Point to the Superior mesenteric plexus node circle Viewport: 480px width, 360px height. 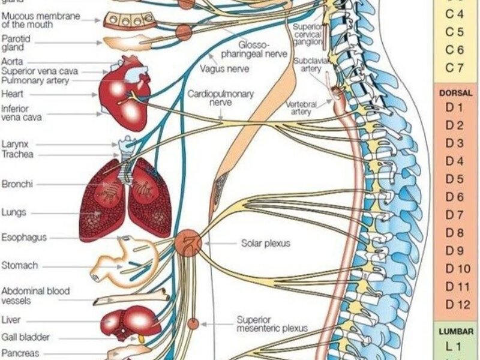[193, 324]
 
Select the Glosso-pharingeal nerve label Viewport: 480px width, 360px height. [265, 49]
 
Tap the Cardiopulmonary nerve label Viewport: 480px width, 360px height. [220, 98]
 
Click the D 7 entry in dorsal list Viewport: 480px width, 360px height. [455, 215]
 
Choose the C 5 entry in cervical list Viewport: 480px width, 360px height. [455, 31]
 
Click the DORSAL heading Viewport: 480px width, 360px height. [456, 93]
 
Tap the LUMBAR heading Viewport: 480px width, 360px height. [456, 331]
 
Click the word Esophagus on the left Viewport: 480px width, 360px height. [24, 238]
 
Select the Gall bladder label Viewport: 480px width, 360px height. [25, 337]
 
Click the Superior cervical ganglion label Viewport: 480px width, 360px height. [309, 34]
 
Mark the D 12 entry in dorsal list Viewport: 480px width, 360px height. [455, 304]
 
